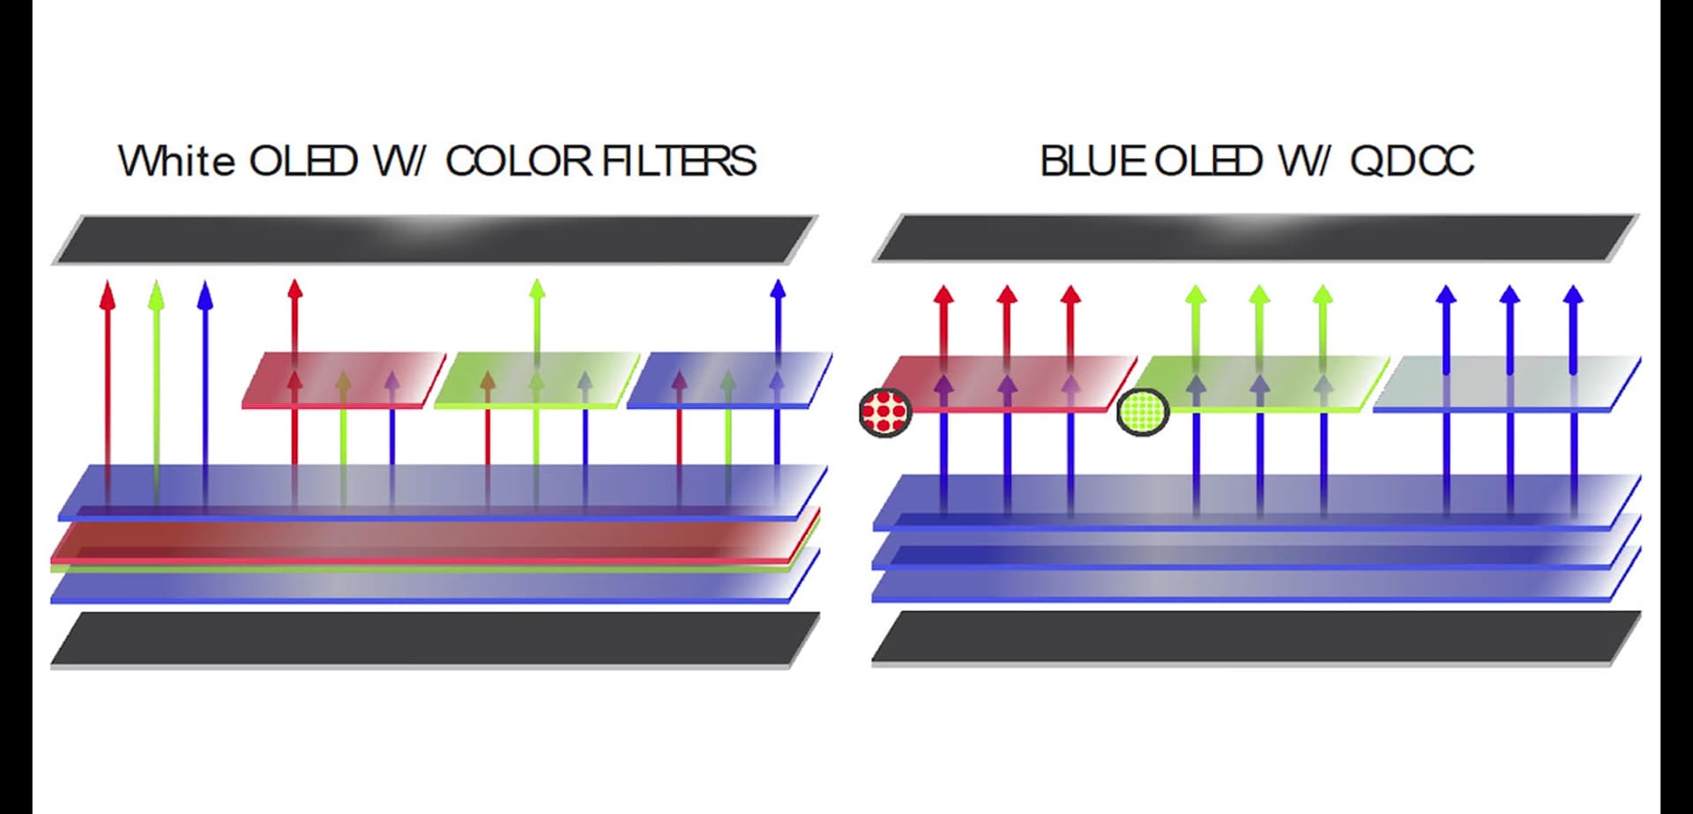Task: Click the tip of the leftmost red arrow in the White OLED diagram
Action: (x=108, y=280)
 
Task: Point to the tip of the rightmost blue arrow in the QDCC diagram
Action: (x=1573, y=285)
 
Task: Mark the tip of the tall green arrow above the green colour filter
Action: (x=537, y=279)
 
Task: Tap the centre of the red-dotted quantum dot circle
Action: (x=884, y=412)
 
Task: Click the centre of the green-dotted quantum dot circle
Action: (x=1143, y=411)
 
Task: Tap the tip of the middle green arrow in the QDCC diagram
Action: (x=1259, y=285)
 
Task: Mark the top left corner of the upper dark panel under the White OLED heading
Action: (x=82, y=216)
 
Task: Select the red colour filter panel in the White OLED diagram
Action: (x=344, y=380)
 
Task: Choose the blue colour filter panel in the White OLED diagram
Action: (x=730, y=380)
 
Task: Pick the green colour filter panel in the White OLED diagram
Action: (x=537, y=380)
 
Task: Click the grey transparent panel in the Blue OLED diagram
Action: (x=1508, y=384)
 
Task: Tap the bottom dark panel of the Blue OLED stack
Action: (x=1257, y=638)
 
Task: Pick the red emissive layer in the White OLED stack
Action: (x=436, y=540)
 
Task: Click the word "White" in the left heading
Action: (x=177, y=161)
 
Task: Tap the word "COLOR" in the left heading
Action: (x=519, y=161)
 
